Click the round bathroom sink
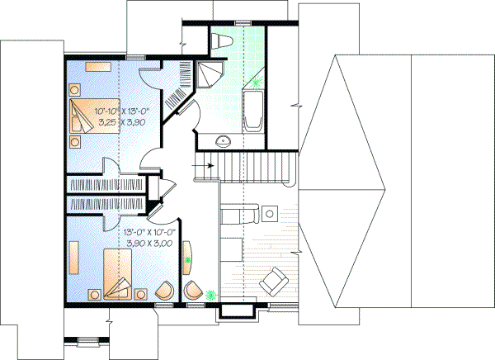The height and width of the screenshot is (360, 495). (x=222, y=140)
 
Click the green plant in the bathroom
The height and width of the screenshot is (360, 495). (x=258, y=83)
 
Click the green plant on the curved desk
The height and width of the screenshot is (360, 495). (x=188, y=260)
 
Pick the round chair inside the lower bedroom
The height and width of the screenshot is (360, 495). (x=164, y=291)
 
